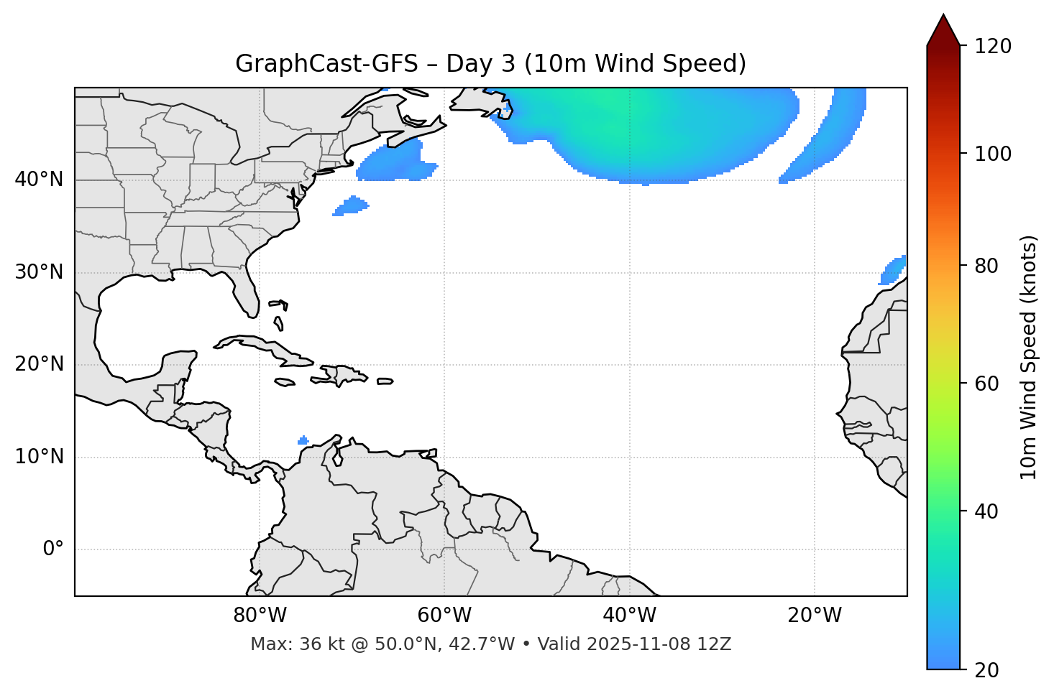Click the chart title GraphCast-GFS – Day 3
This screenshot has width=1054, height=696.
click(490, 64)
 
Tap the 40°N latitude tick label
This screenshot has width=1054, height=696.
click(39, 180)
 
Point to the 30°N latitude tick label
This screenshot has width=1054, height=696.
click(39, 272)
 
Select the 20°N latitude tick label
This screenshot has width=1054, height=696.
click(39, 364)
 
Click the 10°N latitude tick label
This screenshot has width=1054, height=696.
click(39, 457)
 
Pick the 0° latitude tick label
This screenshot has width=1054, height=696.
click(52, 549)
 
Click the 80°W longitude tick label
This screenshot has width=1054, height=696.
click(260, 616)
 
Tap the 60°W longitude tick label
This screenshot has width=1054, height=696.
click(444, 616)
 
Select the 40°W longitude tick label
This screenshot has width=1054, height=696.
click(629, 616)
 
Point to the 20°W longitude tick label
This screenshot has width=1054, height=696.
click(814, 616)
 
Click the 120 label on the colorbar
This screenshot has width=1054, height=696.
click(992, 47)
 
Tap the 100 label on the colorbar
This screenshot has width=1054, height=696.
click(992, 154)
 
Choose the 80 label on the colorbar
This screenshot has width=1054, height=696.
click(988, 266)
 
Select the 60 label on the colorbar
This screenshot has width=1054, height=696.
click(988, 384)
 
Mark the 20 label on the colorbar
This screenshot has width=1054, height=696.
click(988, 670)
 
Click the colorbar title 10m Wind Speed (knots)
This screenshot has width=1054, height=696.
click(1029, 357)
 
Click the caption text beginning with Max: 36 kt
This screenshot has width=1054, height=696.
click(490, 644)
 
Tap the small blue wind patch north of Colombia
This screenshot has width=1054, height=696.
click(303, 440)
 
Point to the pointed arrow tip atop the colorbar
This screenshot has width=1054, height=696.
click(943, 17)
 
